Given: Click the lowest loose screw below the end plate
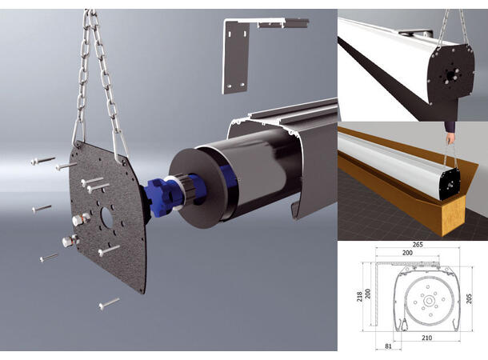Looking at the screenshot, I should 109,303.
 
